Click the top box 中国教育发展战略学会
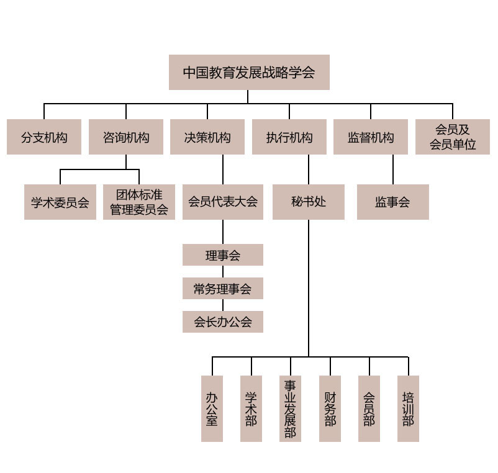pyautogui.click(x=249, y=72)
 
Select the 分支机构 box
pyautogui.click(x=44, y=137)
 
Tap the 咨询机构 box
pyautogui.click(x=126, y=137)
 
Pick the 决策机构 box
pyautogui.click(x=207, y=137)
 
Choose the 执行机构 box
pyautogui.click(x=289, y=137)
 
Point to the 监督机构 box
pyautogui.click(x=371, y=137)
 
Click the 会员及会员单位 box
pyautogui.click(x=453, y=137)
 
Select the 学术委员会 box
pyautogui.click(x=60, y=202)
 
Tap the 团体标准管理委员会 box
pyautogui.click(x=139, y=202)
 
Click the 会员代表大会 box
pyautogui.click(x=223, y=202)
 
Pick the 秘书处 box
pyautogui.click(x=309, y=202)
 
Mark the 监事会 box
pyautogui.click(x=393, y=202)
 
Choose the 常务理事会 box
pyautogui.click(x=223, y=288)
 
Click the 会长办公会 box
pyautogui.click(x=223, y=322)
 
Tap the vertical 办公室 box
pyautogui.click(x=212, y=408)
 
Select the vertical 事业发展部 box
pyautogui.click(x=290, y=408)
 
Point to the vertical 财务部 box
pyautogui.click(x=330, y=408)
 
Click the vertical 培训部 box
pyautogui.click(x=408, y=408)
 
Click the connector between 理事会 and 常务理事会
pyautogui.click(x=223, y=272)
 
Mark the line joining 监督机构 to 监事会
pyautogui.click(x=393, y=169)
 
